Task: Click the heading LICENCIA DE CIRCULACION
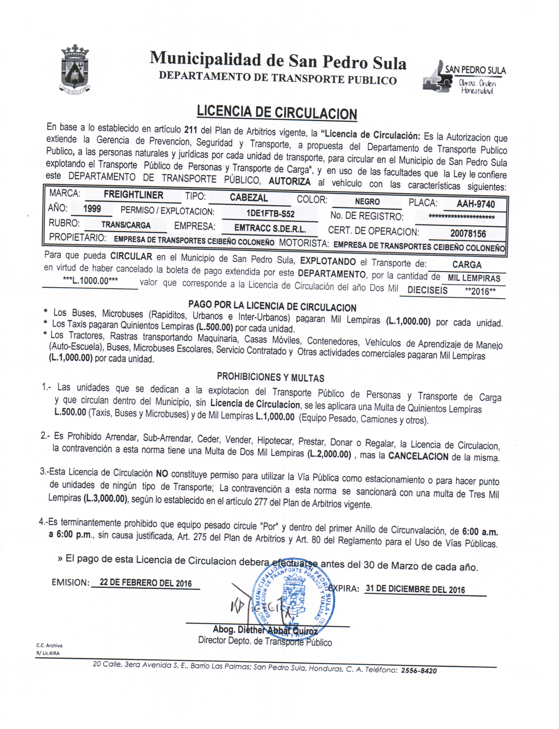tap(277, 112)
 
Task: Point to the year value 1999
tap(92, 209)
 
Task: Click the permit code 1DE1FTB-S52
tap(270, 214)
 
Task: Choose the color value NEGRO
tap(367, 202)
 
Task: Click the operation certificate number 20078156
tap(468, 234)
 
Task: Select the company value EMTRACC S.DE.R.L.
tap(270, 228)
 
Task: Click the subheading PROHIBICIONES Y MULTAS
tap(270, 377)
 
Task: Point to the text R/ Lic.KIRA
tap(48, 653)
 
